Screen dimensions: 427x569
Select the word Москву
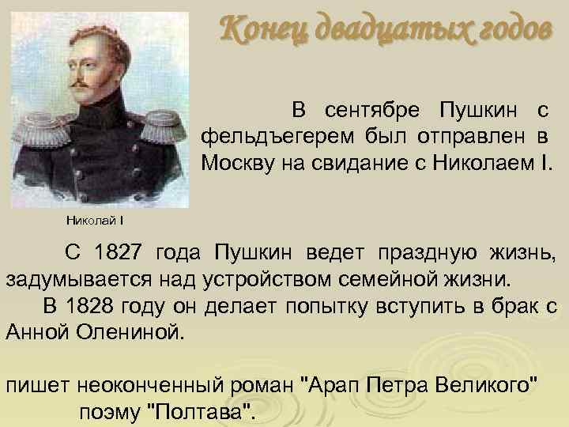[234, 163]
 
